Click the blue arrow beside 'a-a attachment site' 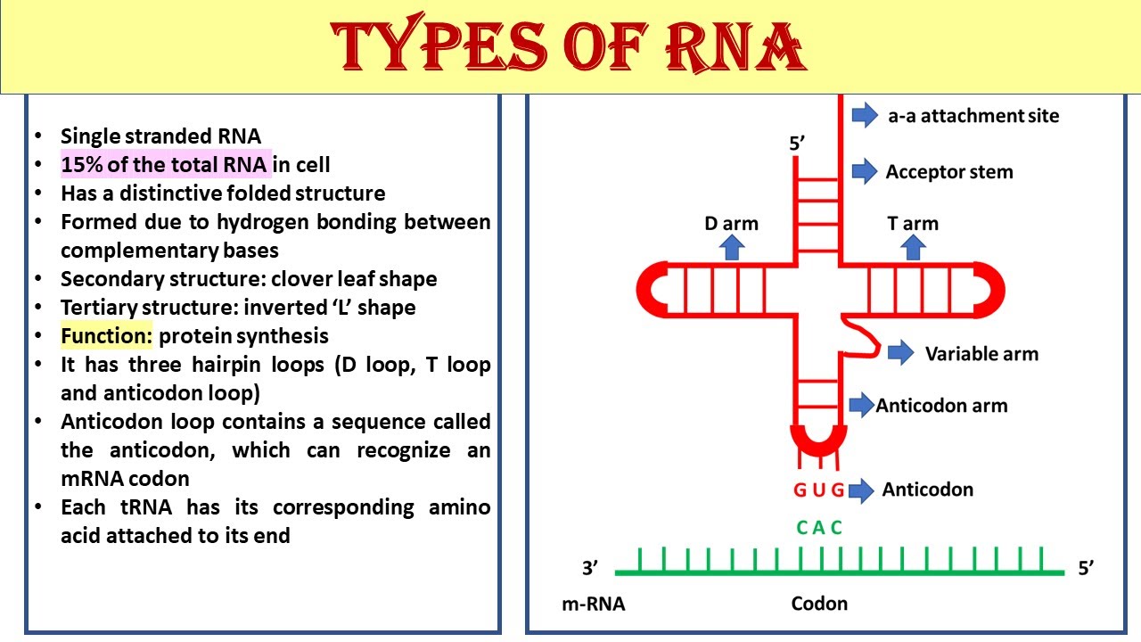[865, 115]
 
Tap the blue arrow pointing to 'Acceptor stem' [865, 170]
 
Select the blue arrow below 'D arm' [732, 247]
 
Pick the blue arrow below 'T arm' [913, 247]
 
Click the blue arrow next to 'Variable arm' [900, 352]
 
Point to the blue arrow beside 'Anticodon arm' [862, 405]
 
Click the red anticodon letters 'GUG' [818, 490]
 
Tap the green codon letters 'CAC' [819, 527]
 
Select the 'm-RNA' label [594, 604]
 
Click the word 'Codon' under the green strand [819, 604]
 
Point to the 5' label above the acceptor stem [797, 144]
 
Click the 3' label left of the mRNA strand [590, 567]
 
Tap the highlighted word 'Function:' [106, 336]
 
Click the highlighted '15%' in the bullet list [81, 165]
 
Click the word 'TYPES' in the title [438, 44]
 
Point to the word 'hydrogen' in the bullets [263, 222]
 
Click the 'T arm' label [913, 223]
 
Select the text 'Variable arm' [981, 354]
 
